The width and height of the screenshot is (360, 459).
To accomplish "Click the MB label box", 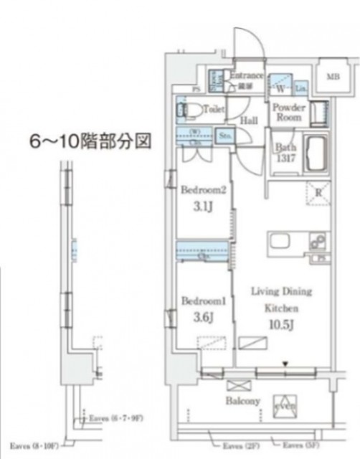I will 333,77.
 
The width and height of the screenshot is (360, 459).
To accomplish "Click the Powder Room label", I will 289,113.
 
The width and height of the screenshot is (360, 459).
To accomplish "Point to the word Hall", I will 249,121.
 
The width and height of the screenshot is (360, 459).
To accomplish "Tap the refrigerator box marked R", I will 316,191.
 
